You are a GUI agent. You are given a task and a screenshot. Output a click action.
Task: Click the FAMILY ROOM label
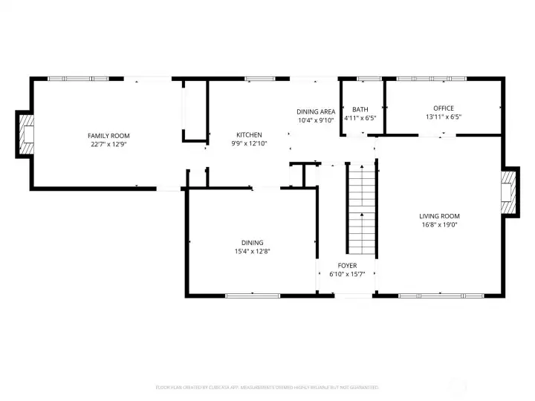pyautogui.click(x=108, y=135)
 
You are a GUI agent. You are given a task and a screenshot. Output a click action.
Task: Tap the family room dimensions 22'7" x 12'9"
pyautogui.click(x=108, y=144)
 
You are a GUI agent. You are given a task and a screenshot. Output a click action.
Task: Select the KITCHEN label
pyautogui.click(x=249, y=134)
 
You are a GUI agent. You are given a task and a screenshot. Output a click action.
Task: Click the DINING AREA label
pyautogui.click(x=316, y=111)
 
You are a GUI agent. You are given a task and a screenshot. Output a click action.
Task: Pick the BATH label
pyautogui.click(x=360, y=108)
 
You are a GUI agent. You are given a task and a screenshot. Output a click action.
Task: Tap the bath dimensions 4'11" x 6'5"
pyautogui.click(x=360, y=117)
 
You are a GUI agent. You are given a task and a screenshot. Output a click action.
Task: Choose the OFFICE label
pyautogui.click(x=444, y=108)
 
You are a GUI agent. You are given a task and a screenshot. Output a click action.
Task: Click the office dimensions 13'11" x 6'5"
pyautogui.click(x=444, y=117)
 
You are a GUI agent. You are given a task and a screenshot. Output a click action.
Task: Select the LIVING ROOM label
pyautogui.click(x=439, y=216)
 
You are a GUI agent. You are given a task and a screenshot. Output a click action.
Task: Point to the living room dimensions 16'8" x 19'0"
pyautogui.click(x=439, y=225)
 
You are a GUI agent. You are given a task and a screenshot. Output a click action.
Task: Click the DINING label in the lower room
pyautogui.click(x=252, y=242)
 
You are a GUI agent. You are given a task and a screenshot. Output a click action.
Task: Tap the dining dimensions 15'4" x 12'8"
pyautogui.click(x=252, y=251)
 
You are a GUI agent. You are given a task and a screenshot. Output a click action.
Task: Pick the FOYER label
pyautogui.click(x=347, y=265)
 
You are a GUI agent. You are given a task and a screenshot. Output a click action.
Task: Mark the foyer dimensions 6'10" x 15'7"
pyautogui.click(x=347, y=274)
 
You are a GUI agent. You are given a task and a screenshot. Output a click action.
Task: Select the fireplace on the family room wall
pyautogui.click(x=27, y=135)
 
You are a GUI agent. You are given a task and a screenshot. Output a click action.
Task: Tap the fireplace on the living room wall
pyautogui.click(x=508, y=192)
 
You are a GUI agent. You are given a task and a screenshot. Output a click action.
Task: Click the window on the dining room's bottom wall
pyautogui.click(x=253, y=296)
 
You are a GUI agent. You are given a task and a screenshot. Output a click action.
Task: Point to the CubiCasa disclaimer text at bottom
pyautogui.click(x=267, y=387)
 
